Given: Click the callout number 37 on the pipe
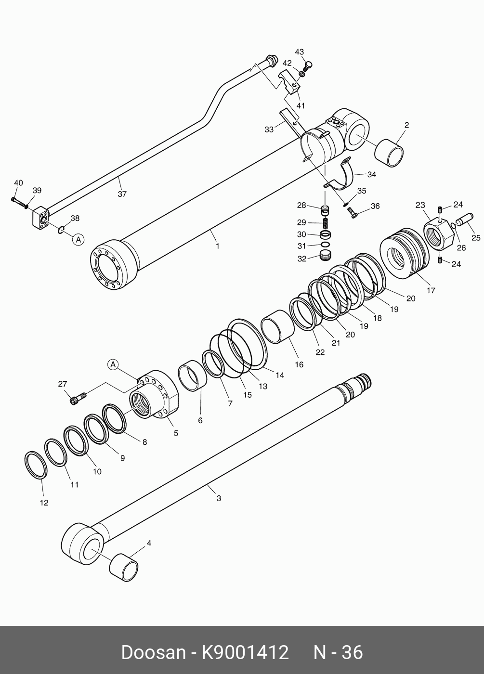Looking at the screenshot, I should click(122, 194).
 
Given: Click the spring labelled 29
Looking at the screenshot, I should click(326, 223).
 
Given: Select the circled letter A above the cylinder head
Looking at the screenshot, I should click(113, 364).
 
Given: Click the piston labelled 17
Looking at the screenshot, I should click(404, 253).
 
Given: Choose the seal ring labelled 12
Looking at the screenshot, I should click(36, 466).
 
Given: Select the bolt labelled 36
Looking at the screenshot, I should click(353, 214).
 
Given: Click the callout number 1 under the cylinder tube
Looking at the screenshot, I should click(218, 246).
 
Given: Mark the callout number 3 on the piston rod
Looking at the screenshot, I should click(219, 498).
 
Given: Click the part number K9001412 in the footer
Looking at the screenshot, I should click(245, 652).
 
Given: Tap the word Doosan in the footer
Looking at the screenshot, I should click(153, 652).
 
